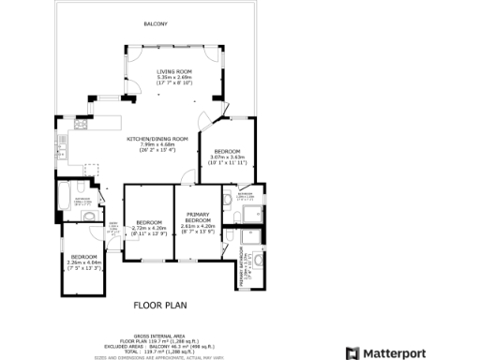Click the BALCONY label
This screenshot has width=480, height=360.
pos(156,22)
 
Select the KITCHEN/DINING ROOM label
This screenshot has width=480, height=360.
pos(157,139)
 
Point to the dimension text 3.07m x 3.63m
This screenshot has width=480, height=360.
pos(228,157)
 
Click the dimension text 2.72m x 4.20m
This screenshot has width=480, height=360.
pos(149,228)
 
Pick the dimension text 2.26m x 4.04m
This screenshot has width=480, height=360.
pos(84,262)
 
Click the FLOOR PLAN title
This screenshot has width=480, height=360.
pos(160,305)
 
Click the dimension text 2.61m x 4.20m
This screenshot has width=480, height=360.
pos(197,227)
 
